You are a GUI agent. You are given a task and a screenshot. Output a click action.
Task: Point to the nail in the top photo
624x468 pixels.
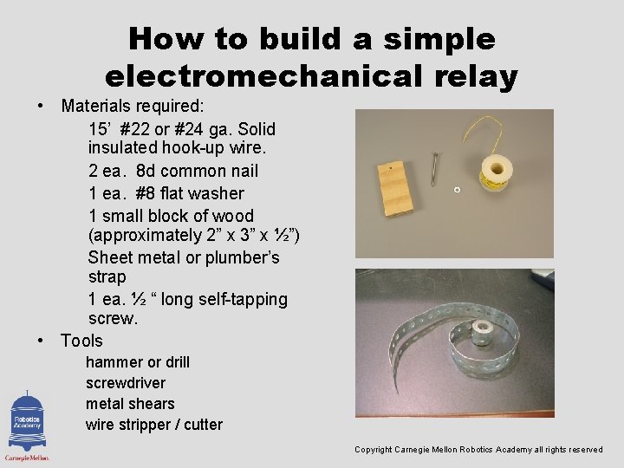pyautogui.click(x=434, y=168)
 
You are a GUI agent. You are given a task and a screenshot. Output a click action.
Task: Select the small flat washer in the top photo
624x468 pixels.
pyautogui.click(x=457, y=190)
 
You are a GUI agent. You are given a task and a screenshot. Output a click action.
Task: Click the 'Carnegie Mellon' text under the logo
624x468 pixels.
pyautogui.click(x=27, y=458)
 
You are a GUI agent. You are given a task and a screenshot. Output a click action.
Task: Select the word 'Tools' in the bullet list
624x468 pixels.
pyautogui.click(x=81, y=341)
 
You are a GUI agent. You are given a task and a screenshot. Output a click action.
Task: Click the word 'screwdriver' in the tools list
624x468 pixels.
pyautogui.click(x=126, y=383)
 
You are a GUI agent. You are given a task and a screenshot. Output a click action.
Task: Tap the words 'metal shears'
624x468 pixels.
pyautogui.click(x=130, y=404)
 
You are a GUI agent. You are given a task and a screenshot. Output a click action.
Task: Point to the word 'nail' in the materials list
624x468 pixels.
pyautogui.click(x=242, y=171)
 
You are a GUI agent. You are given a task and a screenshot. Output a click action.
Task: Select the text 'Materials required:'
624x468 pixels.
pyautogui.click(x=132, y=107)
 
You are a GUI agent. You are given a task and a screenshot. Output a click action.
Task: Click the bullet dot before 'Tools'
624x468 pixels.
pyautogui.click(x=42, y=341)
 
